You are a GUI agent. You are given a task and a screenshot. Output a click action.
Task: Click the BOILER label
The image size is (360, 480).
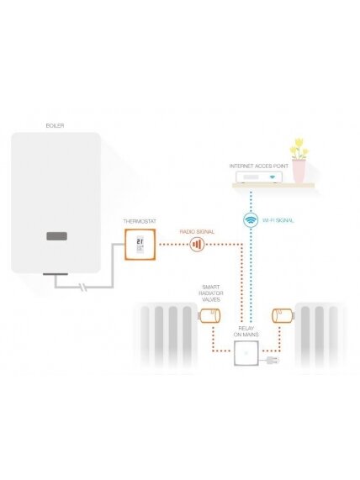click(x=55, y=125)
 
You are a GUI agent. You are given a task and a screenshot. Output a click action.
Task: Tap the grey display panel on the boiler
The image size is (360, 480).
click(x=56, y=236)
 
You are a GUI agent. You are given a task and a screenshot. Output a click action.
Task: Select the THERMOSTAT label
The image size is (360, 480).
click(x=140, y=221)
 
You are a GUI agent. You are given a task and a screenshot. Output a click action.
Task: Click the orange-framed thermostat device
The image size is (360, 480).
click(x=140, y=245)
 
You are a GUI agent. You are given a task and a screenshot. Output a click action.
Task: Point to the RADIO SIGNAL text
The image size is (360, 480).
click(x=197, y=232)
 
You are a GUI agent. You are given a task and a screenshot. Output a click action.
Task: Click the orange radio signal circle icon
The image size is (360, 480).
click(x=197, y=245)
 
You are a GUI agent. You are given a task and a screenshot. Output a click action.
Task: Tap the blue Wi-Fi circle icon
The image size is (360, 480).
click(x=251, y=219)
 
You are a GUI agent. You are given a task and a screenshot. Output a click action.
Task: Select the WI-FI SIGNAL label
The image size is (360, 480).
click(x=278, y=220)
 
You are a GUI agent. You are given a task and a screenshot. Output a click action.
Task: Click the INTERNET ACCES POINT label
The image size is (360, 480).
click(x=258, y=166)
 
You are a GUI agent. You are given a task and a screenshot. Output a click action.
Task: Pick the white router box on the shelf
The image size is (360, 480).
click(x=259, y=177)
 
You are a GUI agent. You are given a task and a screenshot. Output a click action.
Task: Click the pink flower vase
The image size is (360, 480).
click(x=299, y=171)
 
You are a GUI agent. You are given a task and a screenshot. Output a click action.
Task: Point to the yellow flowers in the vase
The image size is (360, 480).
click(x=299, y=149)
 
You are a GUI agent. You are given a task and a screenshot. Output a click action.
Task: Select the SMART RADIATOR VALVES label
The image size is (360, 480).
click(x=211, y=293)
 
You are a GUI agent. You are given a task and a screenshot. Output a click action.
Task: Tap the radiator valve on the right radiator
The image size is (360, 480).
click(x=283, y=316)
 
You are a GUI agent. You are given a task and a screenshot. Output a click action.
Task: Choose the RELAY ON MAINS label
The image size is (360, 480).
click(x=246, y=331)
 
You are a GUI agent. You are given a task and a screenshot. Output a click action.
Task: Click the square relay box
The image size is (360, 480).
click(x=246, y=353)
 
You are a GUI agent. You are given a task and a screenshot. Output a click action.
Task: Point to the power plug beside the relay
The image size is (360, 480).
click(x=272, y=361)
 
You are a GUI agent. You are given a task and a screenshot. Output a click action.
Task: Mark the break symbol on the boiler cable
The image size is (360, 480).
click(x=83, y=287)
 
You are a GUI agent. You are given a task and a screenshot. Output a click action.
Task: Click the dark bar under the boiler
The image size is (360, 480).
click(x=56, y=274)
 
